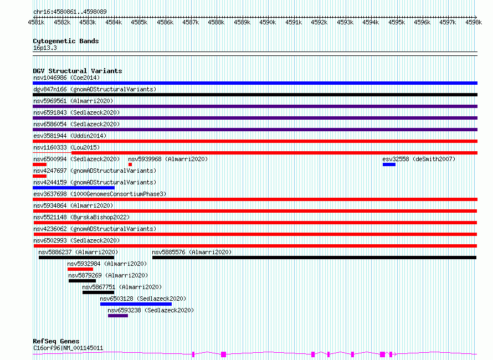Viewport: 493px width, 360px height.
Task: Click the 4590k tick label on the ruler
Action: click(268, 22)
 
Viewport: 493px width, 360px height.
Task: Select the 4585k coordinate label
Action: click(139, 22)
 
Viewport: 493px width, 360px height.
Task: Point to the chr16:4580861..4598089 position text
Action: click(70, 12)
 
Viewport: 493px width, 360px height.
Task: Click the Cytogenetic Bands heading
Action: click(66, 41)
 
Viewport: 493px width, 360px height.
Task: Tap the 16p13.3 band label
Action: click(45, 48)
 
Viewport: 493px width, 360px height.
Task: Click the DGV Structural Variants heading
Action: click(78, 71)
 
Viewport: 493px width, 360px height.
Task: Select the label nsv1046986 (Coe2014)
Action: click(66, 78)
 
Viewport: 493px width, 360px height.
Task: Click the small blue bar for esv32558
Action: click(389, 164)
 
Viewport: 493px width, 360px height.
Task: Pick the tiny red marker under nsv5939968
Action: click(130, 164)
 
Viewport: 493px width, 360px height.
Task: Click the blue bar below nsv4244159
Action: click(74, 188)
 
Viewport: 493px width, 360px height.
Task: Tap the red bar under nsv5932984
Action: click(80, 269)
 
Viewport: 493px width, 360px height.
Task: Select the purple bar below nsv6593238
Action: click(118, 316)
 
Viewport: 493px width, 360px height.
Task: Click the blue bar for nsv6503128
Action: click(136, 304)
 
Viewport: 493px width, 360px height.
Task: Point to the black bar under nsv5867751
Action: click(98, 292)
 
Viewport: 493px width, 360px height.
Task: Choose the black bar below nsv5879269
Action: click(82, 281)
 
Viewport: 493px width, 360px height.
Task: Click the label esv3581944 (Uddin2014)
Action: click(70, 136)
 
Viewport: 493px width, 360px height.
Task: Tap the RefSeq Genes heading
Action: click(56, 341)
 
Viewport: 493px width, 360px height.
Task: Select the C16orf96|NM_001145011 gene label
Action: click(68, 348)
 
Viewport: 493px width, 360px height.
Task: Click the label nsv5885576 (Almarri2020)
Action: click(192, 252)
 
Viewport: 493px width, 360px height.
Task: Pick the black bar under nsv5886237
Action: click(76, 258)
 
